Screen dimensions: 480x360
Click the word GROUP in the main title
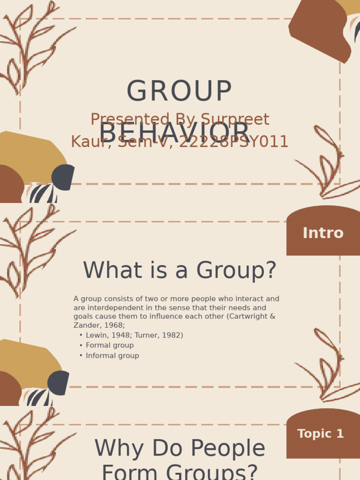click(x=179, y=91)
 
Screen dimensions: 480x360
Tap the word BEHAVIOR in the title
click(x=174, y=133)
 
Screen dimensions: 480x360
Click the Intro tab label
click(x=323, y=233)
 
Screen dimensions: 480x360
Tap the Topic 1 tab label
click(x=321, y=434)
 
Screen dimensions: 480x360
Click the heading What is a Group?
click(x=180, y=271)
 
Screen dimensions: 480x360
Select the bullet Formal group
click(x=110, y=345)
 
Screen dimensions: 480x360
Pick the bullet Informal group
click(x=112, y=356)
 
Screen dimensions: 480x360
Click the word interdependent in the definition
click(x=110, y=308)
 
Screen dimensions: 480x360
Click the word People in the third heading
click(x=231, y=449)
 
